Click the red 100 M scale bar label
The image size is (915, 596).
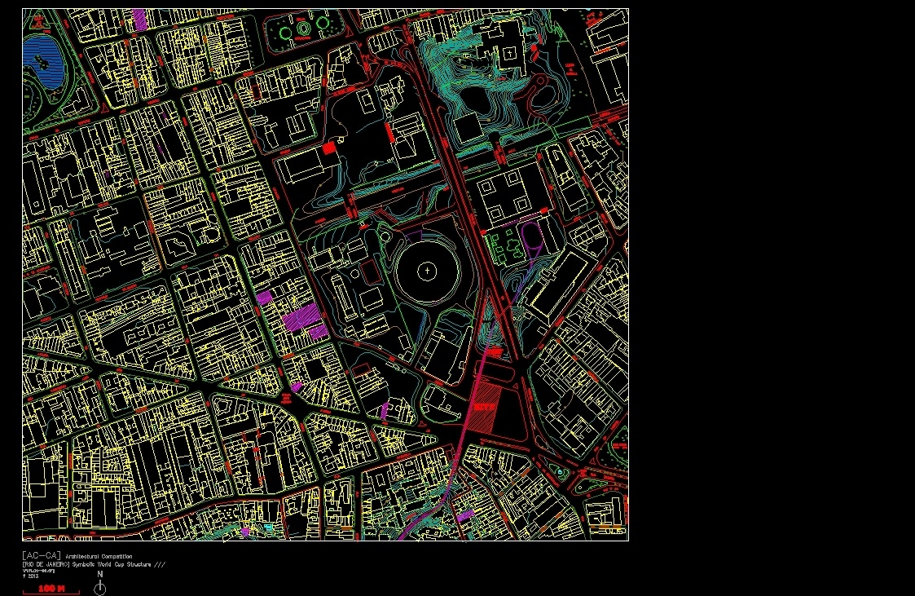tap(51, 588)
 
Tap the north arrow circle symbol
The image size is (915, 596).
tap(100, 589)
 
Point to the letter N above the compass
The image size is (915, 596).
tap(100, 574)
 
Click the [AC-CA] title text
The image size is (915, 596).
tap(41, 555)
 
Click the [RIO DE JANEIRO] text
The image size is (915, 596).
tap(46, 564)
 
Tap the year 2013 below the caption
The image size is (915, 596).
tap(30, 576)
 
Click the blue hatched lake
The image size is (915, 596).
tap(41, 59)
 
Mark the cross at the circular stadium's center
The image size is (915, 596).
tap(427, 271)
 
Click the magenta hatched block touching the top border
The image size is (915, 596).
tap(139, 18)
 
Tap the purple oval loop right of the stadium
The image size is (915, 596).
tap(531, 236)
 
